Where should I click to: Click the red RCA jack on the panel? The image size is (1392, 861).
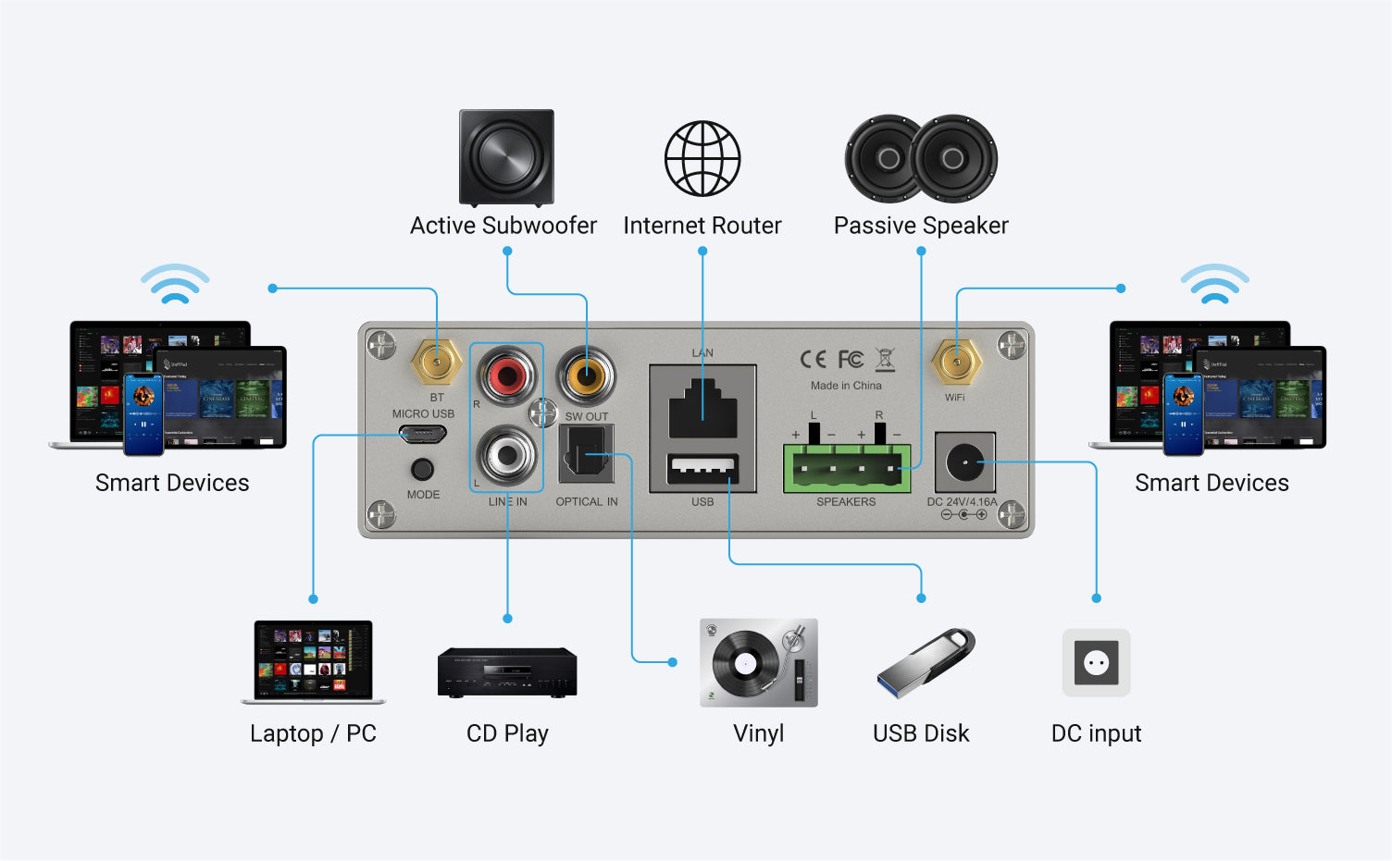point(506,375)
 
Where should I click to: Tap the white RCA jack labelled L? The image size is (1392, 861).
point(506,454)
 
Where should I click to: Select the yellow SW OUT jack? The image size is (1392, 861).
point(587,375)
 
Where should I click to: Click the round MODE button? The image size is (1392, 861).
point(422,469)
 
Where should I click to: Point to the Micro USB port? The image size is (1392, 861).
point(423,434)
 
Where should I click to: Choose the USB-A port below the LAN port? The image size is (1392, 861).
point(702,469)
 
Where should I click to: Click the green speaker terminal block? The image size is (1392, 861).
point(846,468)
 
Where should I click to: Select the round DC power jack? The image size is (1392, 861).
point(965,461)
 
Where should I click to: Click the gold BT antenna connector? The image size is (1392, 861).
point(437,362)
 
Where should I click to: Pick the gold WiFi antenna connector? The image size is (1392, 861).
point(956,362)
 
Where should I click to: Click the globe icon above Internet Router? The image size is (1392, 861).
point(702,158)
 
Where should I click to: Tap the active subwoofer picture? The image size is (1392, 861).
point(506,157)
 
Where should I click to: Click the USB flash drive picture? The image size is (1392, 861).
point(926,662)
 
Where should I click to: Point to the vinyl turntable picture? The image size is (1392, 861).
point(759,663)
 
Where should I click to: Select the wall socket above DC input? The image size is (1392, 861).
point(1096,662)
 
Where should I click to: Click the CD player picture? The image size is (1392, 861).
point(507,672)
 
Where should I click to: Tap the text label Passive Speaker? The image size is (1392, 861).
point(921,226)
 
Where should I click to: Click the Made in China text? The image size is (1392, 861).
point(846,386)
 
